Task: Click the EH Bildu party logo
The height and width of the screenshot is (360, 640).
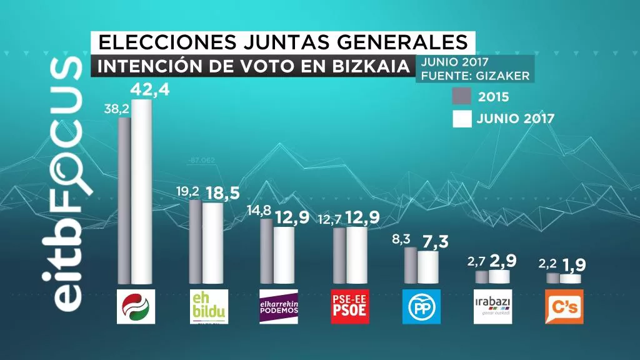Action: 209,307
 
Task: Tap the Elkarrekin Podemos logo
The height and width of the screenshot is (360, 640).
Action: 279,307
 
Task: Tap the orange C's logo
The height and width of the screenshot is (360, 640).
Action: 564,307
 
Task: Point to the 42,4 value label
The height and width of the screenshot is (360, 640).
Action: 149,91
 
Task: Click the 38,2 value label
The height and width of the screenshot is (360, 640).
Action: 116,109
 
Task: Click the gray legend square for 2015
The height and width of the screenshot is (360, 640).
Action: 462,97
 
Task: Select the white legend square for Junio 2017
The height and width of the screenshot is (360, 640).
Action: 462,118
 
